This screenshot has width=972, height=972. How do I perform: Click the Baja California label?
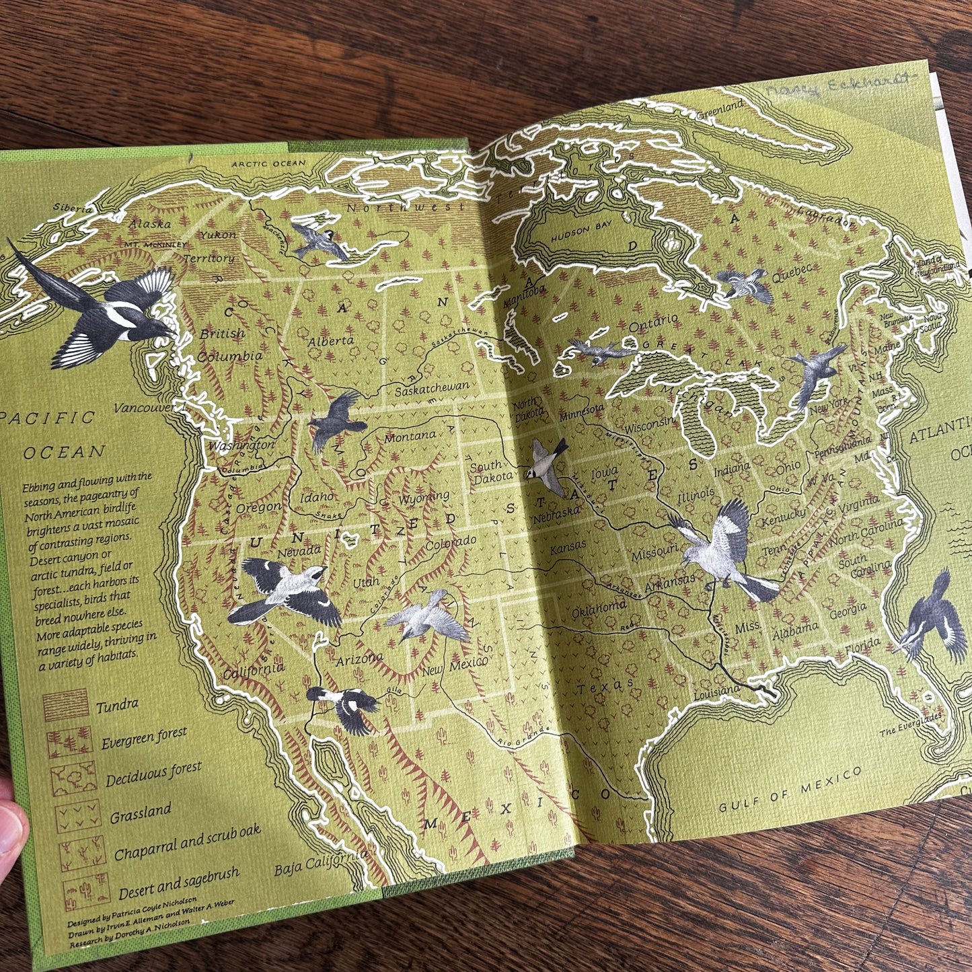tap(321, 862)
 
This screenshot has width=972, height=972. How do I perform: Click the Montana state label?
tap(410, 437)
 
